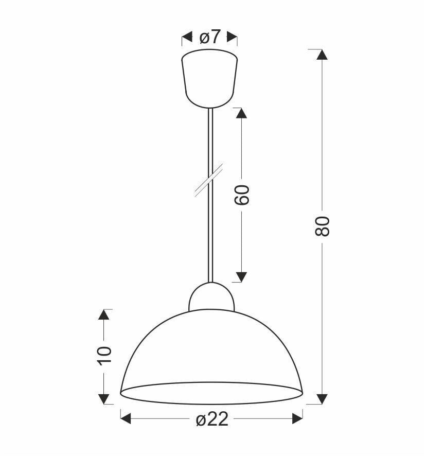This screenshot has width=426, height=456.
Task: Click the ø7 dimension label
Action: (209, 37)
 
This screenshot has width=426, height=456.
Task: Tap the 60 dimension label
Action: (242, 194)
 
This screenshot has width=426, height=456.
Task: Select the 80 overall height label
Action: (322, 226)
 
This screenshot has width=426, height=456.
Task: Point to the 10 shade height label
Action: (104, 355)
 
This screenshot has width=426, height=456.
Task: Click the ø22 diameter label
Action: (211, 419)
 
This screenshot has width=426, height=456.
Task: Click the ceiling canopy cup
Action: (209, 77)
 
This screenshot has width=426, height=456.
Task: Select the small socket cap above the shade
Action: (211, 298)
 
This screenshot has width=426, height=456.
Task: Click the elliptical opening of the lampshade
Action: (211, 393)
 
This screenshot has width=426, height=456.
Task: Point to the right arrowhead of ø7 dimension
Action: (232, 37)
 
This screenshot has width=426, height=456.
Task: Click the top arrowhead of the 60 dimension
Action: (241, 113)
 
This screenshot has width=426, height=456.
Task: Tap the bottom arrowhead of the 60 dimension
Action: (241, 277)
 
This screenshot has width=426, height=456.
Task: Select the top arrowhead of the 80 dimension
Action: (322, 55)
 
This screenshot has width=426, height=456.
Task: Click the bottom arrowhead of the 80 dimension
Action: (322, 398)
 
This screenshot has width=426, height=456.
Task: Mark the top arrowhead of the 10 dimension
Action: (104, 314)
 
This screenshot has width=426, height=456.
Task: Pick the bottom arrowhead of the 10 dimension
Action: (104, 398)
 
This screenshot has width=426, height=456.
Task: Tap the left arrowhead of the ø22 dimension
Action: (126, 419)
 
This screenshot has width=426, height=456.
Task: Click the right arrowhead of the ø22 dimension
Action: (297, 419)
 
